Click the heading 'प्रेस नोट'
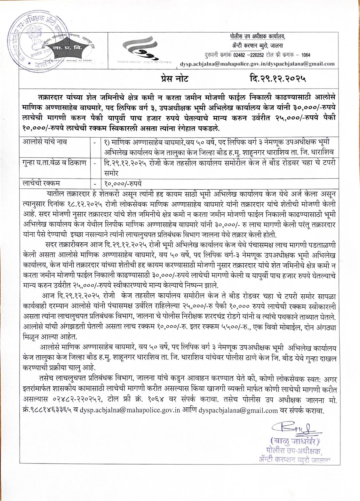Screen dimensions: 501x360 click(175, 78)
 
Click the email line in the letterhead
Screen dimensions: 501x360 click(257, 64)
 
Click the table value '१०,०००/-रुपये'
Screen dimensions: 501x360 click(123, 184)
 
